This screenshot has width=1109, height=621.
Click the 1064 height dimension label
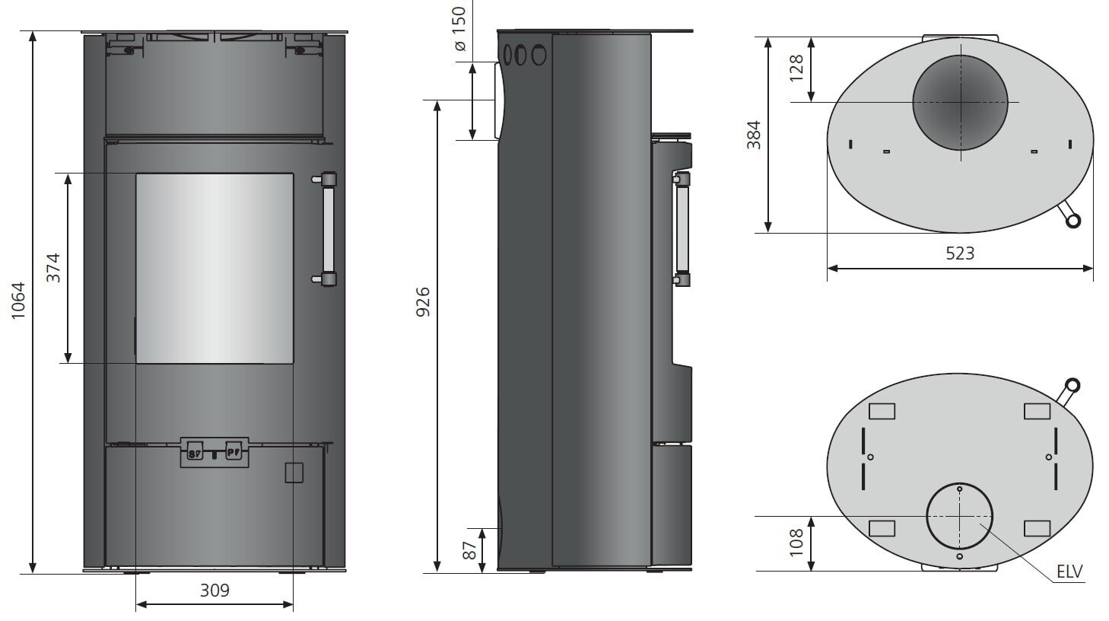(18, 301)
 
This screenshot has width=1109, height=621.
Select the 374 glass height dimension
(53, 268)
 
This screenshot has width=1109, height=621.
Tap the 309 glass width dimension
(214, 590)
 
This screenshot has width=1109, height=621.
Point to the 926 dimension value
(423, 301)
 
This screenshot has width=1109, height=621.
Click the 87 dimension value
(470, 550)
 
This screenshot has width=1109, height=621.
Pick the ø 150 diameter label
(459, 30)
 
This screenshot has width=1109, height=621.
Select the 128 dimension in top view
(796, 68)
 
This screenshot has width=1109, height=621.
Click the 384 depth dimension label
(753, 135)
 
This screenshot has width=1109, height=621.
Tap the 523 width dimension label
(959, 253)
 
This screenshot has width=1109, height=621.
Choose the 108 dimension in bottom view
(796, 543)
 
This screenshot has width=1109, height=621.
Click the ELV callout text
(1069, 572)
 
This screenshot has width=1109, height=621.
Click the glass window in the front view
(214, 268)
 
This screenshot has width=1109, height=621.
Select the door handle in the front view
(328, 228)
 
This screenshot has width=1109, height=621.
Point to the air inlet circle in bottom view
(959, 516)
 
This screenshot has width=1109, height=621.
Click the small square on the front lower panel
(294, 473)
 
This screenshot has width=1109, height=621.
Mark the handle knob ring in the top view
(1072, 221)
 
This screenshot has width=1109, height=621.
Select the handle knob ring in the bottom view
(1072, 385)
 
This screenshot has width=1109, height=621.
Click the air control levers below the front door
(214, 452)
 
